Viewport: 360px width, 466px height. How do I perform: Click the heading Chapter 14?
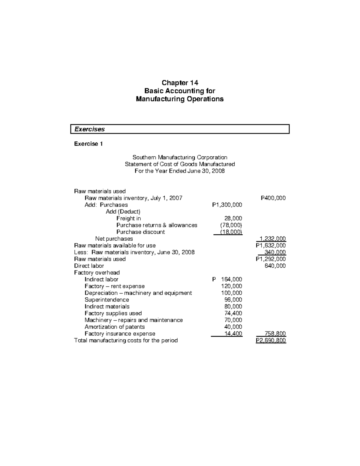(180, 83)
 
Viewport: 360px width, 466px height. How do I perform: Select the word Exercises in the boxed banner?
(89, 129)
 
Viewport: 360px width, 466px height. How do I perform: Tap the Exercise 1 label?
(88, 144)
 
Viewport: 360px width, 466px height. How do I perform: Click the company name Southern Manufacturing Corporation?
(180, 157)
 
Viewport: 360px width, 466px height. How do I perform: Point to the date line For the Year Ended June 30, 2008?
(180, 171)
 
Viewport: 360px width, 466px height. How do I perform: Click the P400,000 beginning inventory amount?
(273, 198)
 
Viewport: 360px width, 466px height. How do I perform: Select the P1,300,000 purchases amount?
(227, 205)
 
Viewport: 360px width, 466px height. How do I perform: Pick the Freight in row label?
(128, 218)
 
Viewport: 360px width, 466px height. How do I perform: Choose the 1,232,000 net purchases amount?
(271, 239)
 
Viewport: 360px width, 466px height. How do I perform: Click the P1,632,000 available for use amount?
(271, 245)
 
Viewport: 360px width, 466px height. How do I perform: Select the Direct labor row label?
(89, 266)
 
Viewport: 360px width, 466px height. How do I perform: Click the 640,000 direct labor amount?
(275, 266)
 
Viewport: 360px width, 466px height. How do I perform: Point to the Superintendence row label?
(106, 300)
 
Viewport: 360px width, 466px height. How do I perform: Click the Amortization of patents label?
(115, 327)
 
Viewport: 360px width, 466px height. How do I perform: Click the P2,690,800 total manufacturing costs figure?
(271, 341)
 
